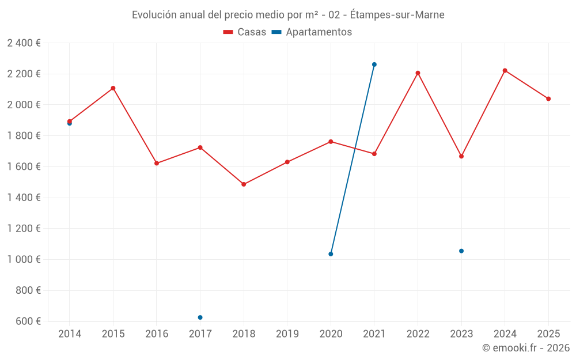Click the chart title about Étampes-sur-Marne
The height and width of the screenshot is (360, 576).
288,15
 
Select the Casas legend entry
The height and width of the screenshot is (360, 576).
245,32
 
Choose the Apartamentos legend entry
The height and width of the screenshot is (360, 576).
312,32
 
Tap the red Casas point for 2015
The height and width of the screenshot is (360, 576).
113,88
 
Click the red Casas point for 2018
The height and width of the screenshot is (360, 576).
244,184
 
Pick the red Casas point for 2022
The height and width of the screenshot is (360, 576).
418,73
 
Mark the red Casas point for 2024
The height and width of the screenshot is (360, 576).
505,70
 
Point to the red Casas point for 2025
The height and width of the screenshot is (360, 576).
548,98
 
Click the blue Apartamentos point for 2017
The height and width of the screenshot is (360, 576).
200,317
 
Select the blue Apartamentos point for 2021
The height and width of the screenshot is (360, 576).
374,65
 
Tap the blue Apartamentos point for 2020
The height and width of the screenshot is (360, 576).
331,254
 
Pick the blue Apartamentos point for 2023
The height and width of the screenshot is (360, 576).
461,251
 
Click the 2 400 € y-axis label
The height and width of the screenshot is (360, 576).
24,43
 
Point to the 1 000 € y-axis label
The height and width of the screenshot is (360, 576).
24,259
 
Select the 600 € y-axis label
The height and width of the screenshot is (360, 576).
27,321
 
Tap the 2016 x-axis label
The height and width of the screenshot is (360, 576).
157,334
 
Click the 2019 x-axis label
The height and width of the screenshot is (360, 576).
287,334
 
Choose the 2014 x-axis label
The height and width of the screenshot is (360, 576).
70,334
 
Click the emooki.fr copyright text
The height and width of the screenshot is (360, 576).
525,348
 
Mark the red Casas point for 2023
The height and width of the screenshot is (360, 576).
461,156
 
